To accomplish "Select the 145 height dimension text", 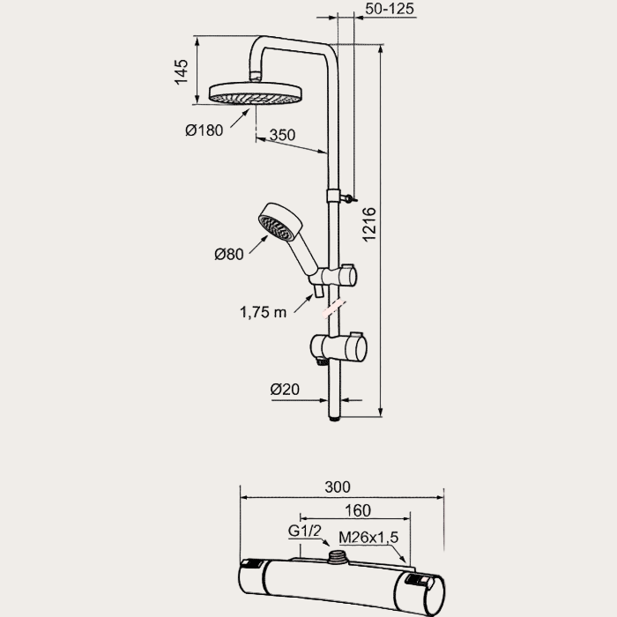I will (x=182, y=70).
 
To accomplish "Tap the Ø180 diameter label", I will (x=204, y=130).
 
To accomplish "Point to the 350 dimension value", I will (x=282, y=136).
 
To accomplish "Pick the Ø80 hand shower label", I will (x=229, y=255).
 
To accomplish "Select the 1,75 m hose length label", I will (x=264, y=311).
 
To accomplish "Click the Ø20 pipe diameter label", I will (x=286, y=388).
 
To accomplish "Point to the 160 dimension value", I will (x=357, y=511).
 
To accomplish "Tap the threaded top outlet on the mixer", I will (x=338, y=558).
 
